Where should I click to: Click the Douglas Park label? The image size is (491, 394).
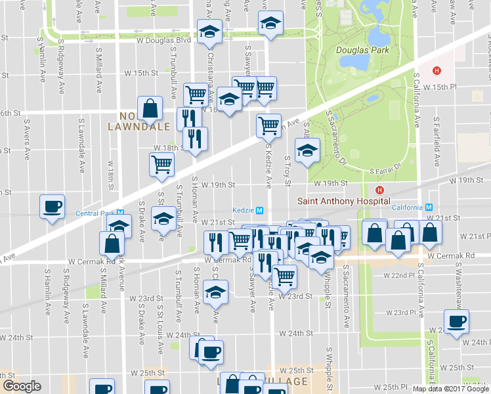point(362,50)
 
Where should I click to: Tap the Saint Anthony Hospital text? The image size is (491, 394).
point(343,201)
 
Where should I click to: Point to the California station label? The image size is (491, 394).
point(404,208)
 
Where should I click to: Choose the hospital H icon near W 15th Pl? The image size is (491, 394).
point(435,71)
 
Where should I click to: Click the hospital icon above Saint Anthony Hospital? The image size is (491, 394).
point(370,190)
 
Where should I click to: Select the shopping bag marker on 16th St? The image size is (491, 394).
point(150,108)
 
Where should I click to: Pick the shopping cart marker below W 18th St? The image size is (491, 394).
point(161,164)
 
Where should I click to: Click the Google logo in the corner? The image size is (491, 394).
point(21,386)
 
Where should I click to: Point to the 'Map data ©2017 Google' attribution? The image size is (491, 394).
point(450,389)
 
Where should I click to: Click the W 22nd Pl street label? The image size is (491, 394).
point(401,276)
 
